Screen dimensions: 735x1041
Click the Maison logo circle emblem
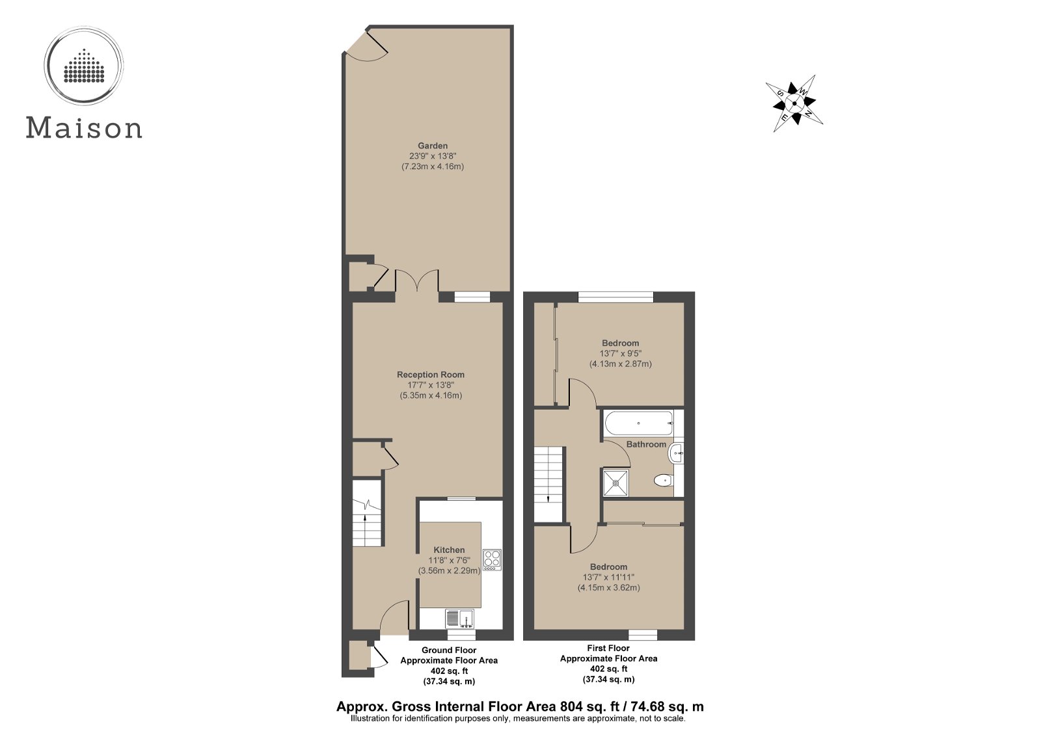(x=84, y=66)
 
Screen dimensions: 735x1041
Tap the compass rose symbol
(x=794, y=103)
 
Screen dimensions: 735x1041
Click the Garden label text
(x=433, y=146)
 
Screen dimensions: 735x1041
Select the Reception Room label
(x=431, y=375)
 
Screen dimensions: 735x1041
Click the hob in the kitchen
(x=492, y=559)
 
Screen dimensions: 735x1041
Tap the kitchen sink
(x=459, y=617)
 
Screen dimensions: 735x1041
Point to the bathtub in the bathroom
(x=639, y=423)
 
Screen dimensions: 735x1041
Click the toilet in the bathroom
(x=662, y=481)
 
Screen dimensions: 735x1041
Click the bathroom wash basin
(x=677, y=452)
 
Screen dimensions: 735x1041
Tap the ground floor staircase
(x=366, y=514)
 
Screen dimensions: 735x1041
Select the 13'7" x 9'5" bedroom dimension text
(x=620, y=354)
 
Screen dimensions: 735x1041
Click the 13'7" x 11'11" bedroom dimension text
(x=608, y=578)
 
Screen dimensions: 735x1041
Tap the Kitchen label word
(x=449, y=550)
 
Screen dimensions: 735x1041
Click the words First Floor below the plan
(x=608, y=648)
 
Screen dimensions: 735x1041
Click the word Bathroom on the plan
(x=646, y=444)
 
